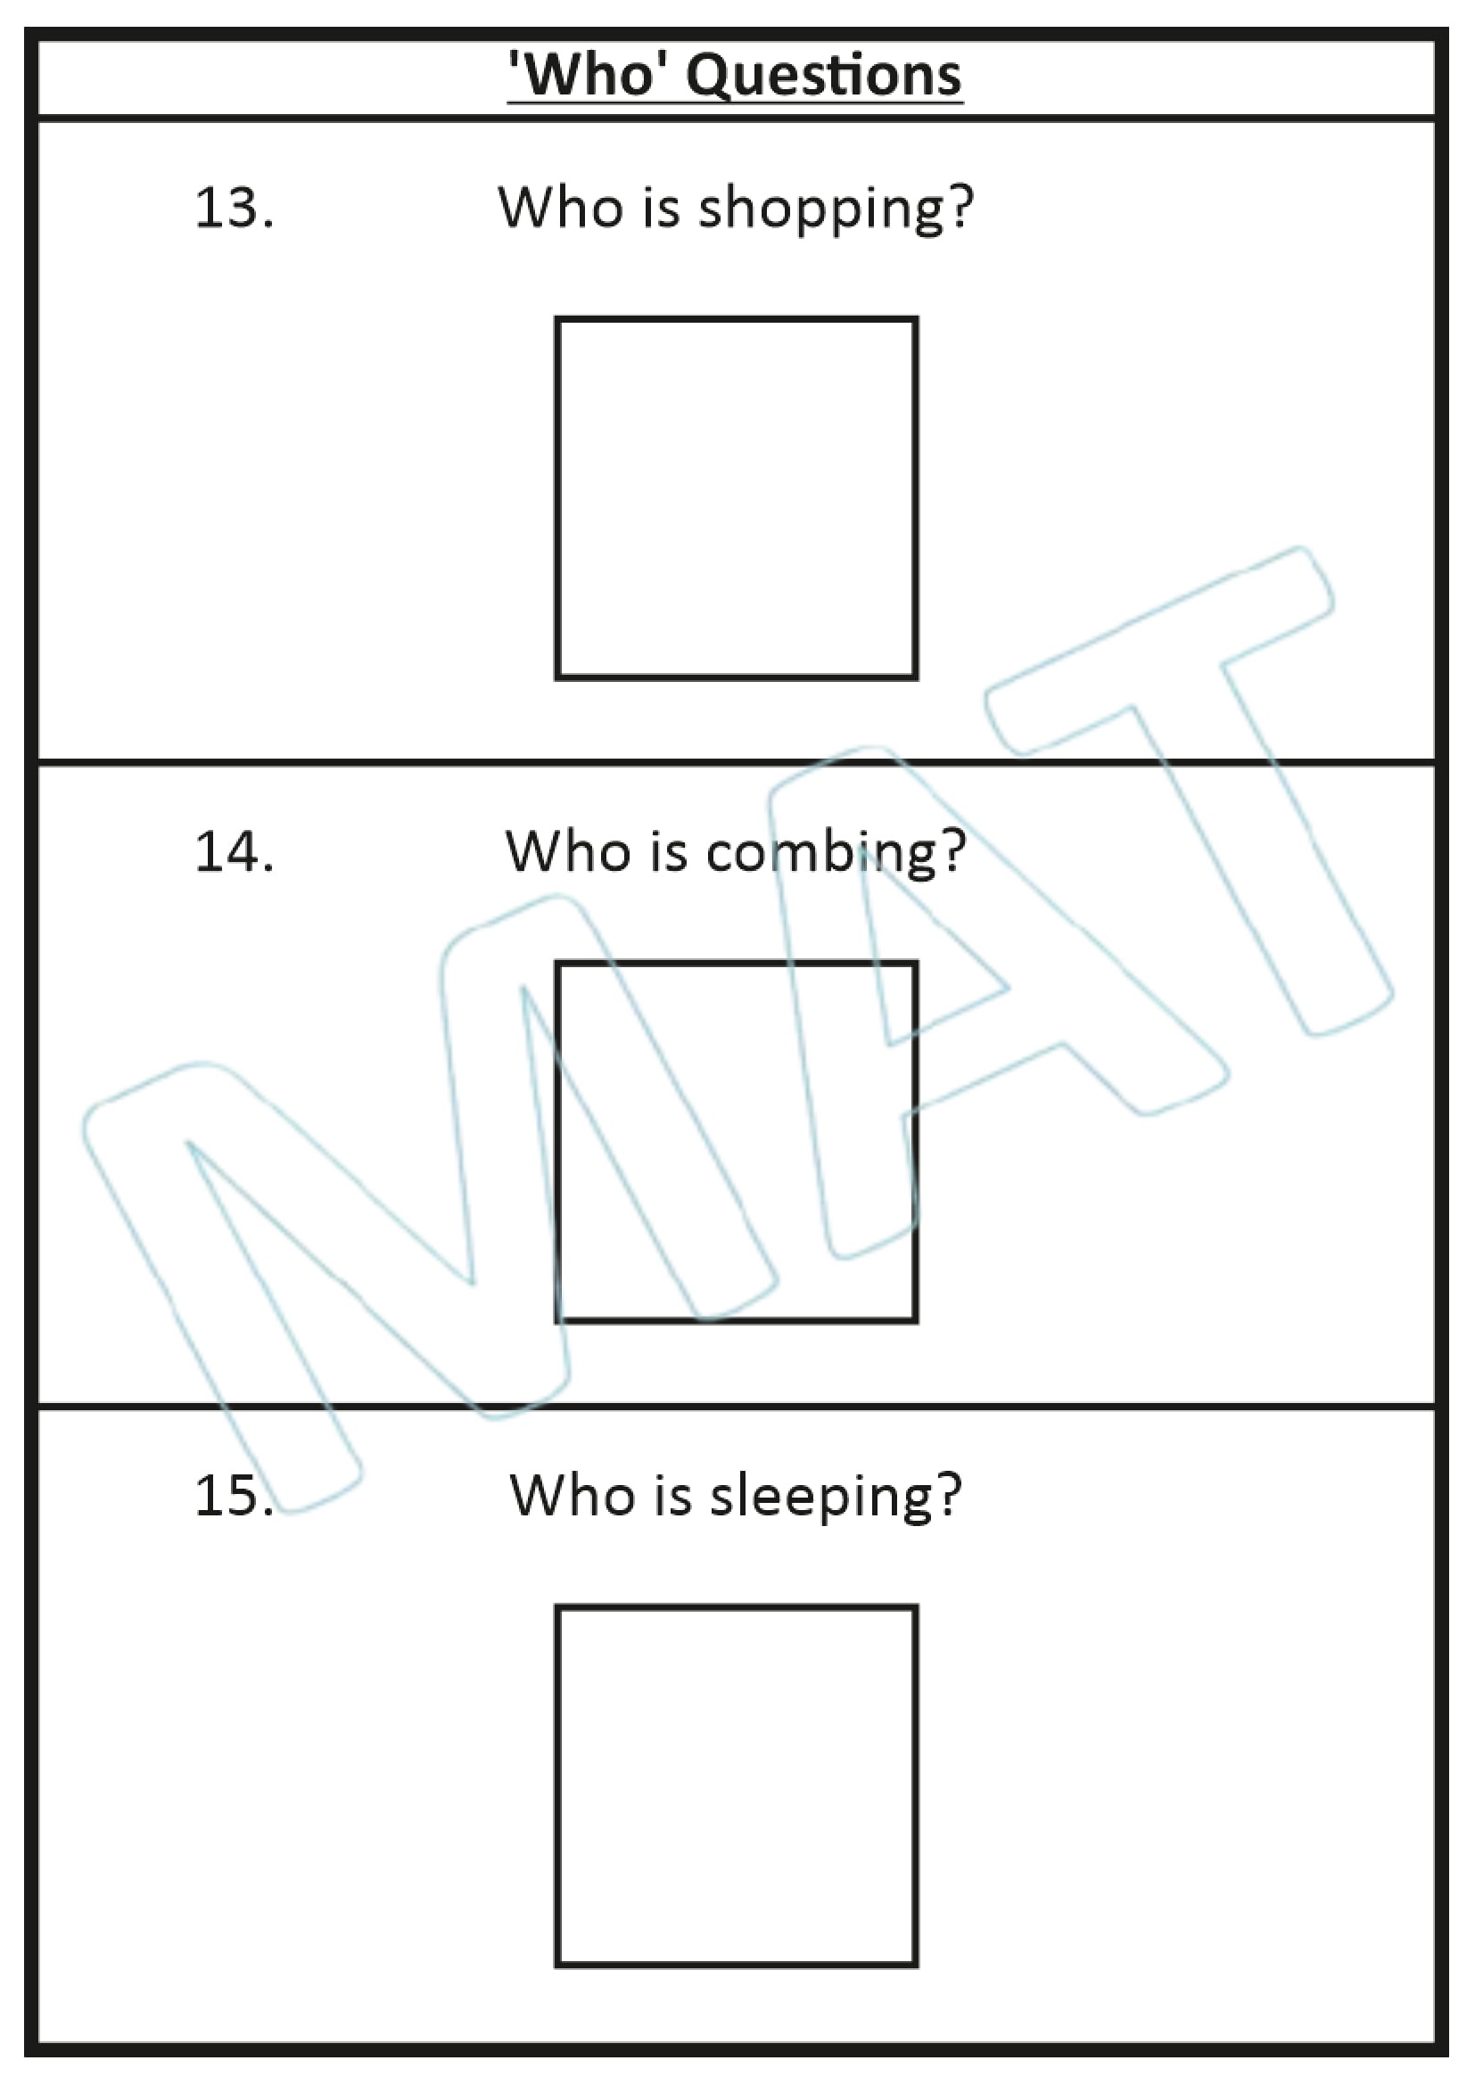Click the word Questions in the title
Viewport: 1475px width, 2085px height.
pyautogui.click(x=823, y=76)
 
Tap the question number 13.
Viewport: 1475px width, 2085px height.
pyautogui.click(x=234, y=208)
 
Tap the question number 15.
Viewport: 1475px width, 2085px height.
pyautogui.click(x=234, y=1496)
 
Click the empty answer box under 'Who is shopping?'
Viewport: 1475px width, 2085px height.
pyautogui.click(x=737, y=497)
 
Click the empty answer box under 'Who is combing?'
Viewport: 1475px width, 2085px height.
pyautogui.click(x=737, y=1142)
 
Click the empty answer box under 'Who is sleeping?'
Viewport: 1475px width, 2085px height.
pyautogui.click(x=737, y=1785)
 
